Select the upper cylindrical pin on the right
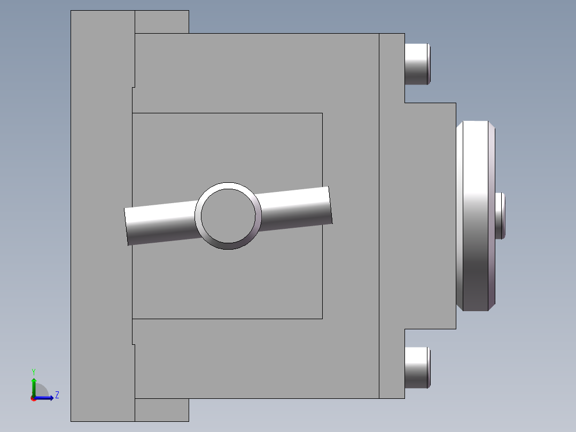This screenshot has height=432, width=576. pos(417,64)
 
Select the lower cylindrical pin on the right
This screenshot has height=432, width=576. pos(417,367)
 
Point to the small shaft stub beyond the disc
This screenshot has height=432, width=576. pos(500,215)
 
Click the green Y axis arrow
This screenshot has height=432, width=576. pos(34,384)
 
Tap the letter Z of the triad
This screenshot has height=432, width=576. pos(57,395)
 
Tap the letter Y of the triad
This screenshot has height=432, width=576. pos(34,371)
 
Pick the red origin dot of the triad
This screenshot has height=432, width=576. pos(33,398)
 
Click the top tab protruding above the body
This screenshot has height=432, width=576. pos(161,22)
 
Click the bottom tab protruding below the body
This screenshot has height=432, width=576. pos(161,410)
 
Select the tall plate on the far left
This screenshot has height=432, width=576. pos(102,215)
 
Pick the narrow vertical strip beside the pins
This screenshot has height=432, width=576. pos(392,215)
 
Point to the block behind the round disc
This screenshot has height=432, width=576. pos(430,215)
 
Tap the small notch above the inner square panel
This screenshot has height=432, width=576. pos(133,100)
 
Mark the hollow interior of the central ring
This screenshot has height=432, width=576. pos(228,215)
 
